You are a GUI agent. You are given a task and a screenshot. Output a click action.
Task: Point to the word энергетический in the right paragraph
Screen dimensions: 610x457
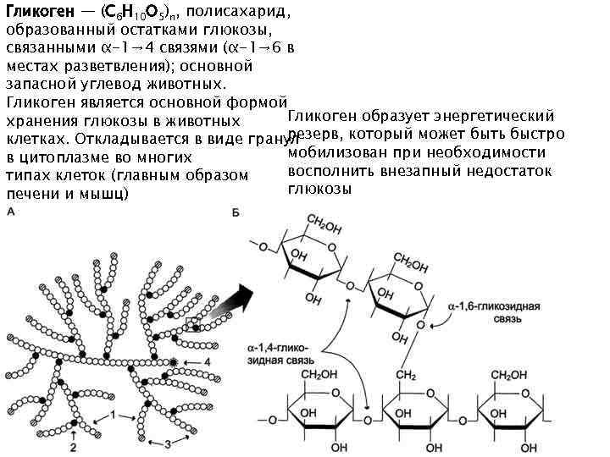492,115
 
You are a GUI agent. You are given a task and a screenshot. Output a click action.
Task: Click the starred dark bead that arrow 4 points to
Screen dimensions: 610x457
175,362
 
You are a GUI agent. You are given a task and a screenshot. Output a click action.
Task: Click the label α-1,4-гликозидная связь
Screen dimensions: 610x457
279,353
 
